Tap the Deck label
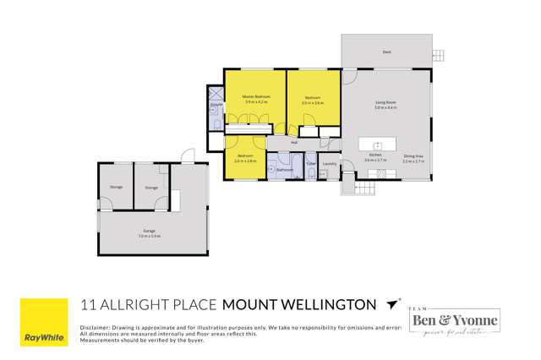click(x=386, y=52)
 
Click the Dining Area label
click(x=413, y=155)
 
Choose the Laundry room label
click(x=330, y=163)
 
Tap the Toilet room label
click(x=310, y=163)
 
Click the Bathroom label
click(x=285, y=170)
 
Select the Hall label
click(x=294, y=143)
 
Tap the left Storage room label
click(x=116, y=188)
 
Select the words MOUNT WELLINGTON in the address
click(x=298, y=303)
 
